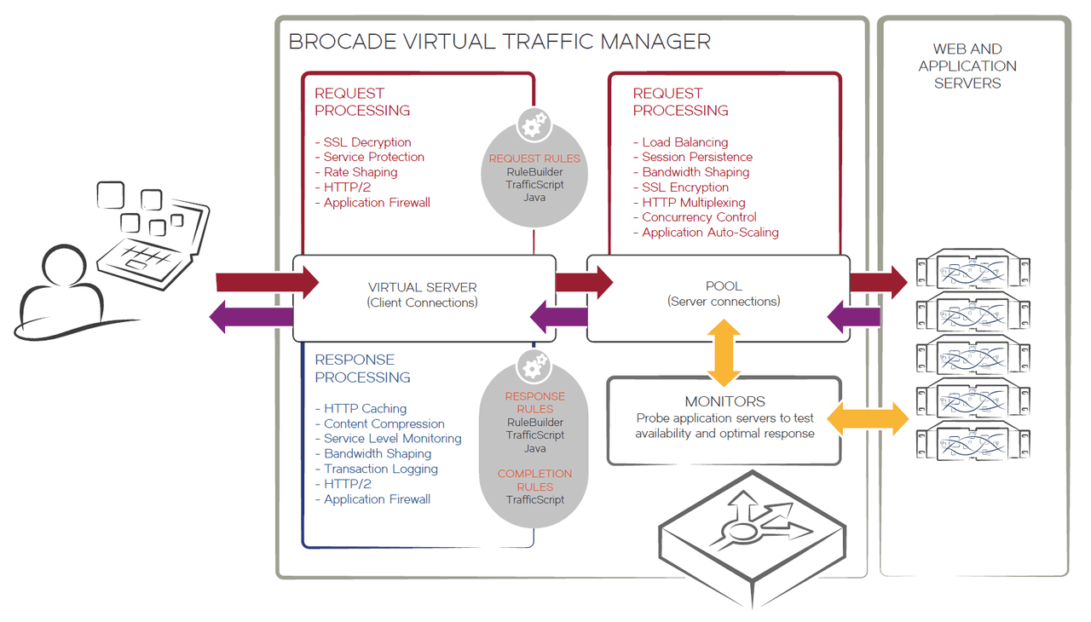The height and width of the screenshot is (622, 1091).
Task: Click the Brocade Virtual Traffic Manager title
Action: [x=499, y=41]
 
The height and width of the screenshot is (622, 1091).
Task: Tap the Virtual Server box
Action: [x=423, y=294]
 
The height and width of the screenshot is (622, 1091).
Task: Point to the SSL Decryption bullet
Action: [x=367, y=142]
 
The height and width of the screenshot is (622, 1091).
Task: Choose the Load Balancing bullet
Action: [x=684, y=142]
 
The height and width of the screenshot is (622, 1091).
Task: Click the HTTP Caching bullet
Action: [x=365, y=409]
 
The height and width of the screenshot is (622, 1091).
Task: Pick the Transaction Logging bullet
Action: [x=380, y=469]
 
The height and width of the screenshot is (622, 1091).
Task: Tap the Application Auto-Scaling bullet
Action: [x=710, y=232]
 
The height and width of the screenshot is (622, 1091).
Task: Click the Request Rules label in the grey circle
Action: [x=534, y=158]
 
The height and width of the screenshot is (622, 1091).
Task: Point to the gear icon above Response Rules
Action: [x=534, y=367]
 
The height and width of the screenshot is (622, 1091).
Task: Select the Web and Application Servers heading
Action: [x=967, y=66]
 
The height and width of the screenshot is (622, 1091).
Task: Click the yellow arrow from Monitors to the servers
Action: [x=869, y=418]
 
